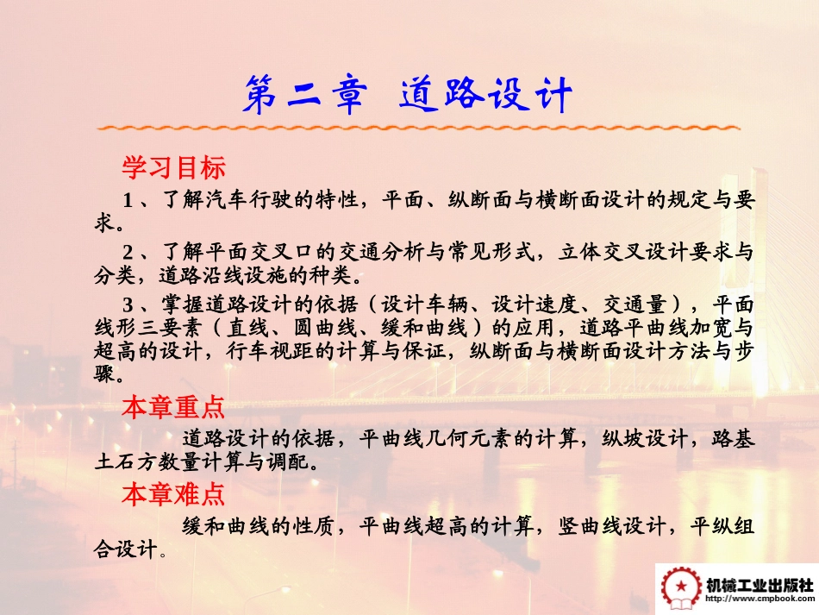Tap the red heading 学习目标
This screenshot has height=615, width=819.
pos(173,166)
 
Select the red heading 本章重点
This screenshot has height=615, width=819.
pos(173,406)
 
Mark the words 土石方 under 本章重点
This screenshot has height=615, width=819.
pos(126,461)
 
